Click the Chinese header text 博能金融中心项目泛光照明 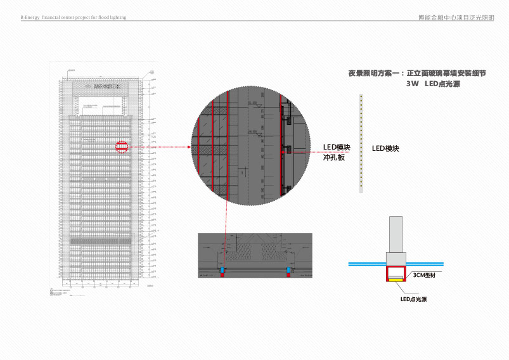tap(451, 18)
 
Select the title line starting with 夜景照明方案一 tap(416, 74)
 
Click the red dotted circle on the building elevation tap(122, 148)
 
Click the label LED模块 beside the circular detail tap(337, 147)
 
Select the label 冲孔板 tap(333, 157)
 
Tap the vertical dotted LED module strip tap(361, 143)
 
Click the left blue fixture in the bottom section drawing tap(222, 271)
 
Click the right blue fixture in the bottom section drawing tap(289, 271)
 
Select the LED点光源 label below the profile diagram tap(413, 299)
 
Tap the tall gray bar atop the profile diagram tap(396, 234)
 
